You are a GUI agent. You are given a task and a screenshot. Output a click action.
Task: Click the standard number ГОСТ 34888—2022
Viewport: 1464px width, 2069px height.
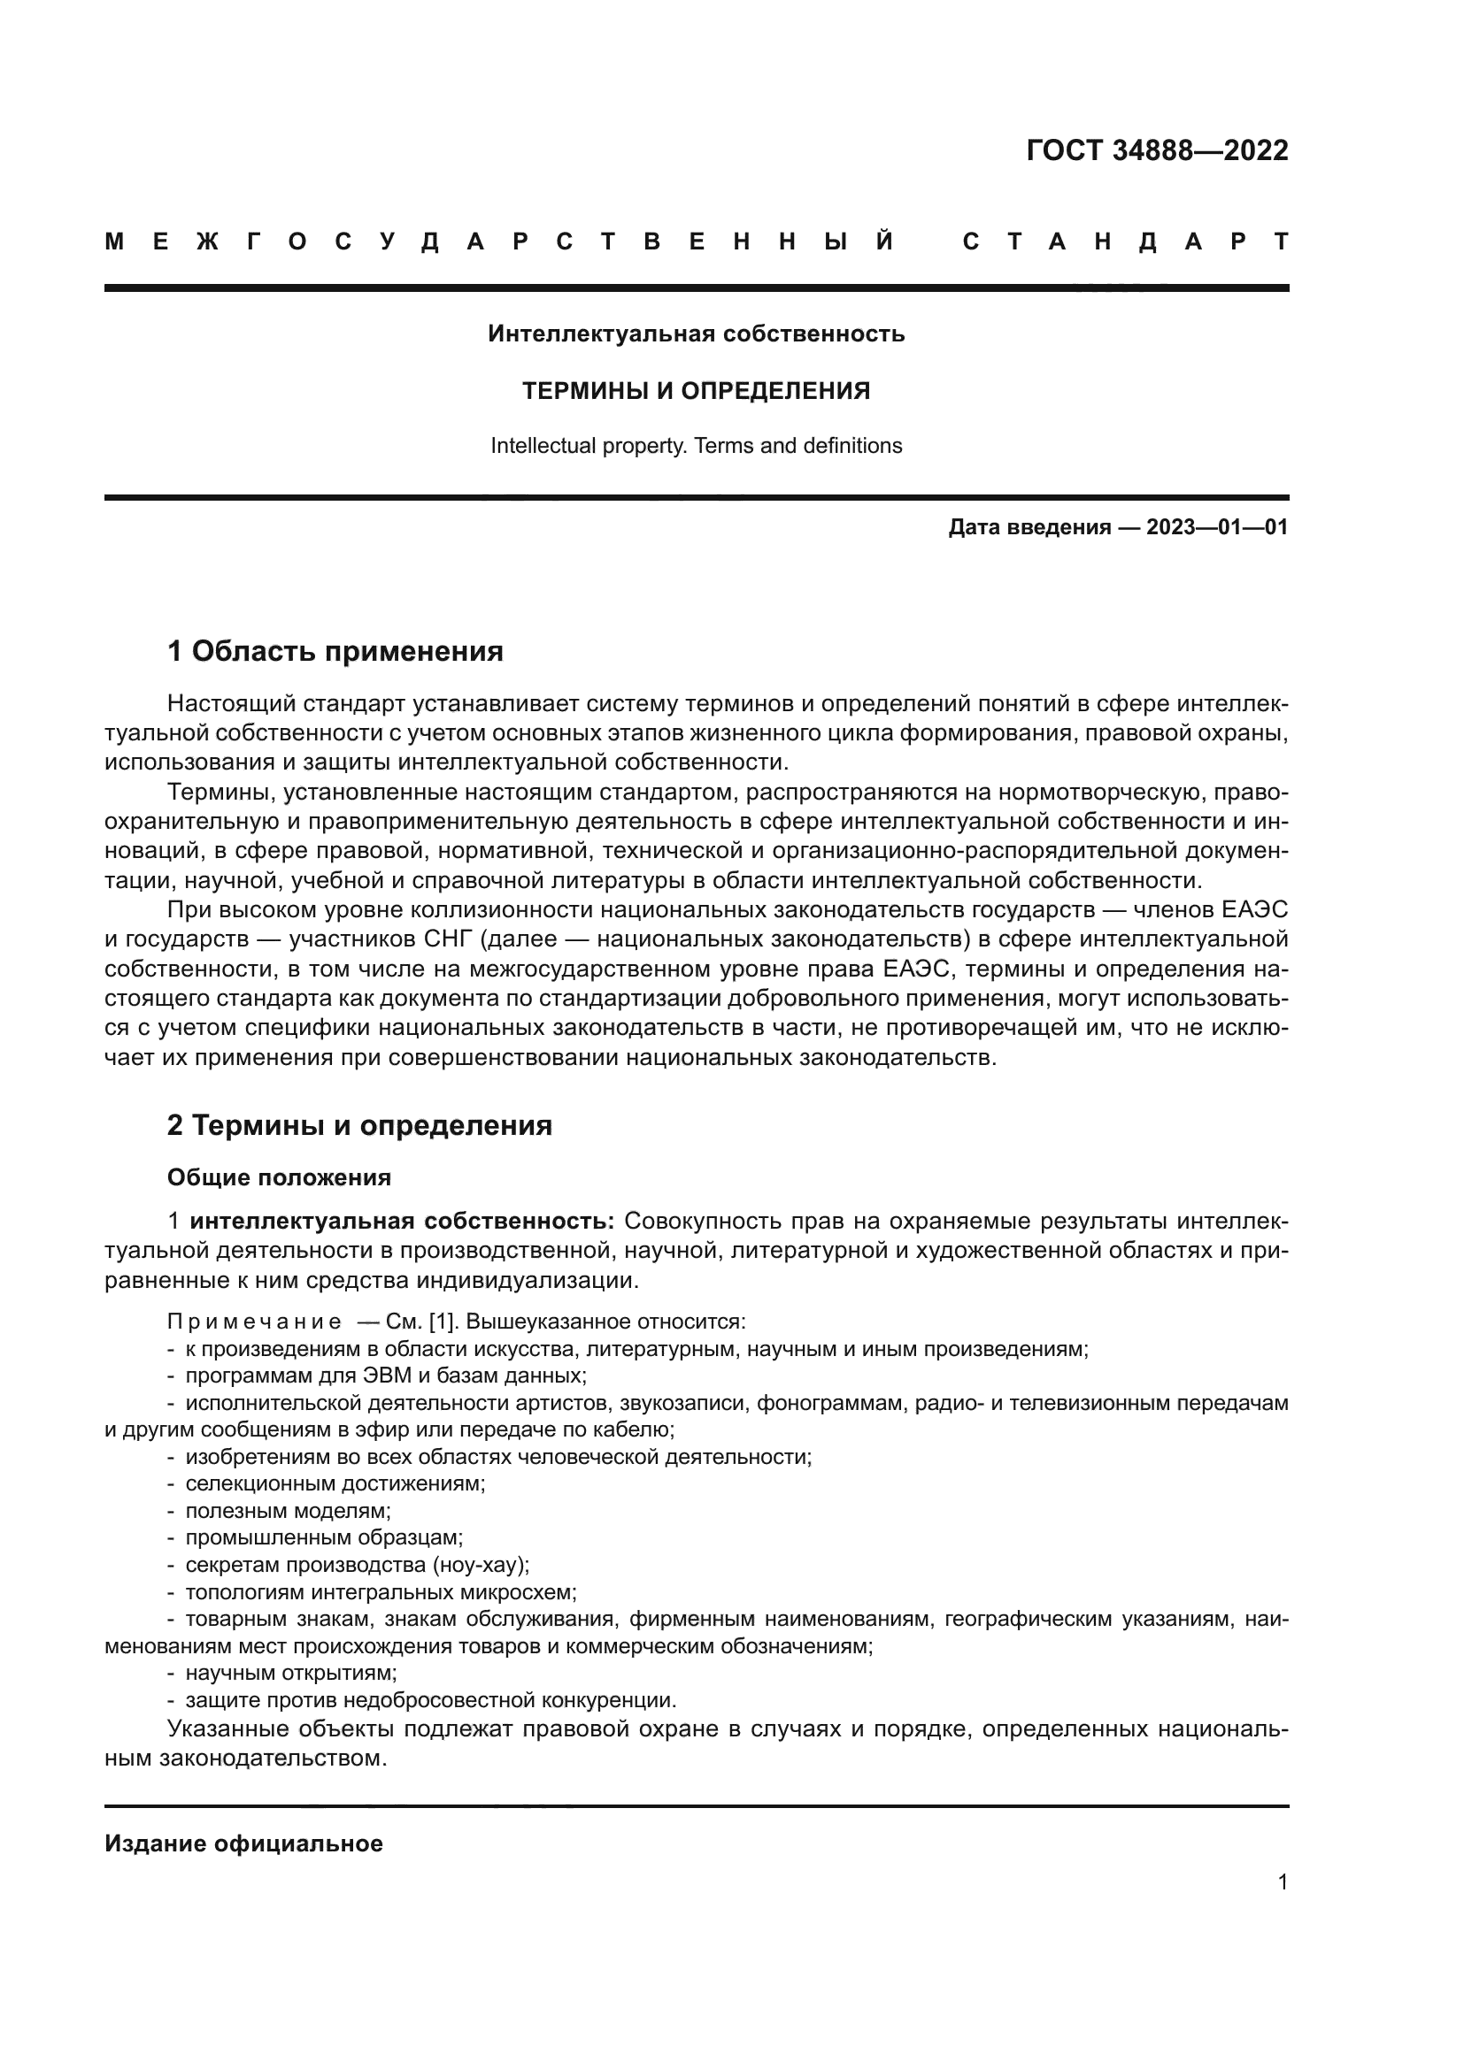[1157, 150]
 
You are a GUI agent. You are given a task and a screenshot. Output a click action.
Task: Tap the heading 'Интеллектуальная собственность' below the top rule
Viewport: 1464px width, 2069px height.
[696, 334]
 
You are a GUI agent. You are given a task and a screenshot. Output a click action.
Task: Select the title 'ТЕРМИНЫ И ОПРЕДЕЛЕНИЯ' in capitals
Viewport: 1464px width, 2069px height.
[696, 391]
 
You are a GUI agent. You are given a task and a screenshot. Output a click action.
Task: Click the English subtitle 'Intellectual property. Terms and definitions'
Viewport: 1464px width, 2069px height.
[696, 446]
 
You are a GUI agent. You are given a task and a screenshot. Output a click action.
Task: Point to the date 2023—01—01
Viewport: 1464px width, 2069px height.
[1217, 527]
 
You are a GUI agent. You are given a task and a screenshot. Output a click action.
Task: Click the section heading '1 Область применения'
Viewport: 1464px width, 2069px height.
[335, 651]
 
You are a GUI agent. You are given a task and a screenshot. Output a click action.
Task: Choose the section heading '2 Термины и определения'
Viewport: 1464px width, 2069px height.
[358, 1125]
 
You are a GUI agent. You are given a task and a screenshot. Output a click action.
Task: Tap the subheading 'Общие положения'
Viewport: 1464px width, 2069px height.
[279, 1177]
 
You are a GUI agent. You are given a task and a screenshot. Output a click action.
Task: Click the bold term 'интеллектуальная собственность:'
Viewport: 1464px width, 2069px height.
[402, 1222]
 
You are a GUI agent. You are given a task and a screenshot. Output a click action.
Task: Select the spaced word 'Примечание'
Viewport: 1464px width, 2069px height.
[254, 1322]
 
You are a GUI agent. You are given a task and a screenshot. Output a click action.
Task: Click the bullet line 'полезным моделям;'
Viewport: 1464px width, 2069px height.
[288, 1510]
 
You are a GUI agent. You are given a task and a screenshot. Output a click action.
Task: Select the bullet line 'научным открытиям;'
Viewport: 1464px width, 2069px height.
[290, 1673]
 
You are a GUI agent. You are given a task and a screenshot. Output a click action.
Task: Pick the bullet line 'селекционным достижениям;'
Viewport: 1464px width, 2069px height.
[335, 1483]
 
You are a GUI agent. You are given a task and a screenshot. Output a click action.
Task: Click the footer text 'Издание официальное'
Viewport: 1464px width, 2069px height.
[243, 1843]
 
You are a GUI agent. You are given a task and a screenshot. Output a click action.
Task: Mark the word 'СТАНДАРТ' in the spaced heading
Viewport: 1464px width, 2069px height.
[1126, 241]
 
